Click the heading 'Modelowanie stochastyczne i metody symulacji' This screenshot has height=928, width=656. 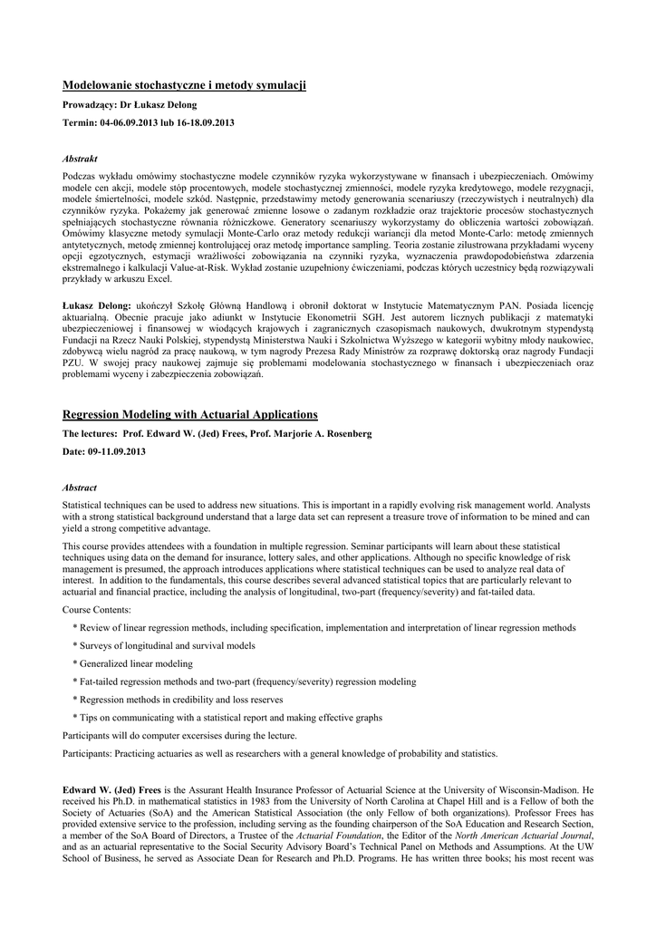click(184, 85)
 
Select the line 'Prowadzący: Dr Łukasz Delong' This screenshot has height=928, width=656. click(129, 105)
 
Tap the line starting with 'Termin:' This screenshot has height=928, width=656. click(149, 122)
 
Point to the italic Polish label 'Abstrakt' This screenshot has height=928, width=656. click(79, 158)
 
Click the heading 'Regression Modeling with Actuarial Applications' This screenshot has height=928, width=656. click(189, 414)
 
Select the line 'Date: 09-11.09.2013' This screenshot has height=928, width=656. click(103, 451)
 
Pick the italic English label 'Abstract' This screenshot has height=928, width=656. click(79, 487)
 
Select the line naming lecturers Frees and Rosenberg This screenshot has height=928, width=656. click(217, 434)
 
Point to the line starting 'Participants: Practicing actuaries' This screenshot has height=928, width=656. click(279, 753)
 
